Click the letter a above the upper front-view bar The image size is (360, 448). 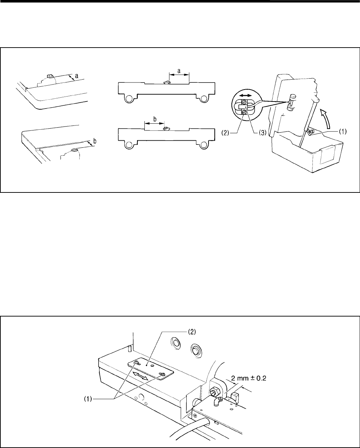[x=179, y=71]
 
